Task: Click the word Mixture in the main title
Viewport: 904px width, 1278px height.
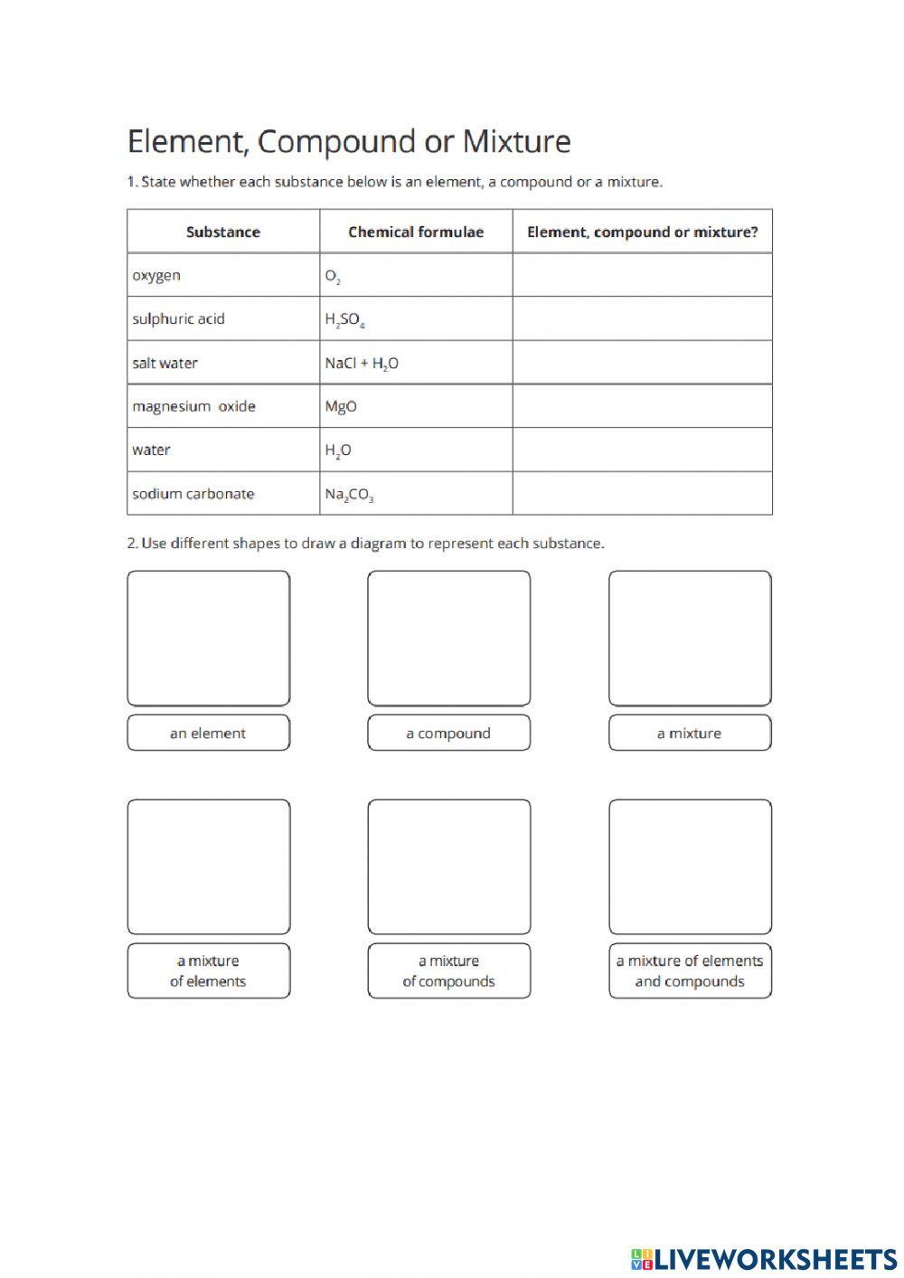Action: point(516,142)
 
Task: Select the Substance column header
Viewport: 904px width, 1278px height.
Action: point(222,232)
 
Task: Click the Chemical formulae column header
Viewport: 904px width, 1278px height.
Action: point(416,232)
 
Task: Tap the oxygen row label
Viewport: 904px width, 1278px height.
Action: point(156,276)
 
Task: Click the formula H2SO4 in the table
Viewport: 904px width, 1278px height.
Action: point(344,319)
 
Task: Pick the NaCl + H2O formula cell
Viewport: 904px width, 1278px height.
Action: point(362,364)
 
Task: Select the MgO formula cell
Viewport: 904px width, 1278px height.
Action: point(341,407)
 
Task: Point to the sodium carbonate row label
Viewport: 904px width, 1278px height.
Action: point(193,494)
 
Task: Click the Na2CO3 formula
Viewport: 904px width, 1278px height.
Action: point(349,495)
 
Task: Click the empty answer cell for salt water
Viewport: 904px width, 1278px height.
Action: point(642,363)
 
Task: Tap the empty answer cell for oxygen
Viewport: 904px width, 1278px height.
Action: point(642,275)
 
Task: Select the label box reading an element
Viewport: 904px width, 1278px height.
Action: point(208,734)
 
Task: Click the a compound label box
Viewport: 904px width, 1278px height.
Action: point(448,734)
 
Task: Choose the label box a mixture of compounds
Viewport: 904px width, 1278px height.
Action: point(448,971)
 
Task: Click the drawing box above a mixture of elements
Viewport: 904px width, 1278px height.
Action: point(208,866)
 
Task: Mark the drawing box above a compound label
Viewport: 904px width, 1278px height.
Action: point(448,639)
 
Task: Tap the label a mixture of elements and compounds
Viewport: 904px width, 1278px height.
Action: point(690,971)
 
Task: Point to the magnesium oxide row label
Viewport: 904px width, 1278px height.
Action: point(193,407)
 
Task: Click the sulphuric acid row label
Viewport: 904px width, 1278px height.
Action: point(178,319)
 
